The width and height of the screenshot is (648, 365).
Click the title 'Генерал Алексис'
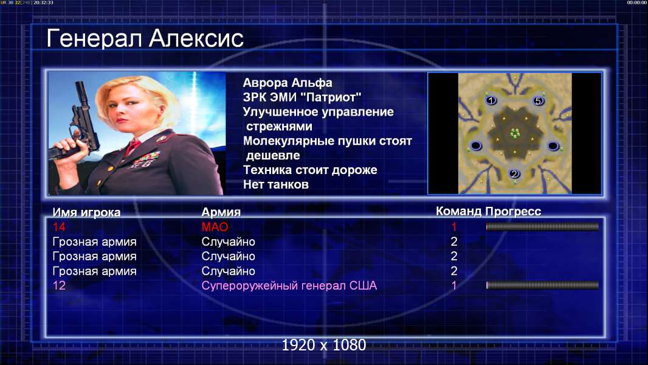click(x=145, y=38)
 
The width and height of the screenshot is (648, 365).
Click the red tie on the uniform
click(x=133, y=147)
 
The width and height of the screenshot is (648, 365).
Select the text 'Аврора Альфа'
click(x=287, y=83)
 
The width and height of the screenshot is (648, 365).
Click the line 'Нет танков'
click(x=275, y=184)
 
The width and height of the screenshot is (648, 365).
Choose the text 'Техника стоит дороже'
click(x=310, y=170)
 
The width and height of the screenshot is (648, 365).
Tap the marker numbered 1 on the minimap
click(x=491, y=100)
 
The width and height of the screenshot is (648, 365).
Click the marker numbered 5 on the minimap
click(x=537, y=101)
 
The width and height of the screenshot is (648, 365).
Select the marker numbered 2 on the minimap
click(x=514, y=173)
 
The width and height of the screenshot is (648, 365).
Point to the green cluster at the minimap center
click(x=515, y=133)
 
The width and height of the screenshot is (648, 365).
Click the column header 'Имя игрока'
click(x=86, y=212)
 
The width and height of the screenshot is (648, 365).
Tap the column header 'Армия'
click(x=221, y=212)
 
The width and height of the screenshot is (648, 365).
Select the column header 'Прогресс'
click(x=513, y=212)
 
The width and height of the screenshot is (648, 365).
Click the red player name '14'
click(x=59, y=227)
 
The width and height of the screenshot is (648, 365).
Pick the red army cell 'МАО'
click(x=215, y=227)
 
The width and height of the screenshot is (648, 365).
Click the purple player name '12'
click(x=59, y=286)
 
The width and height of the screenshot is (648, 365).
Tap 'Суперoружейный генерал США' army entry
click(x=289, y=286)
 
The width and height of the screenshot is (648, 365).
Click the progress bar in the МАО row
click(x=542, y=226)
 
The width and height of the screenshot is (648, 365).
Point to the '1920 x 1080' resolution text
click(x=324, y=345)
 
